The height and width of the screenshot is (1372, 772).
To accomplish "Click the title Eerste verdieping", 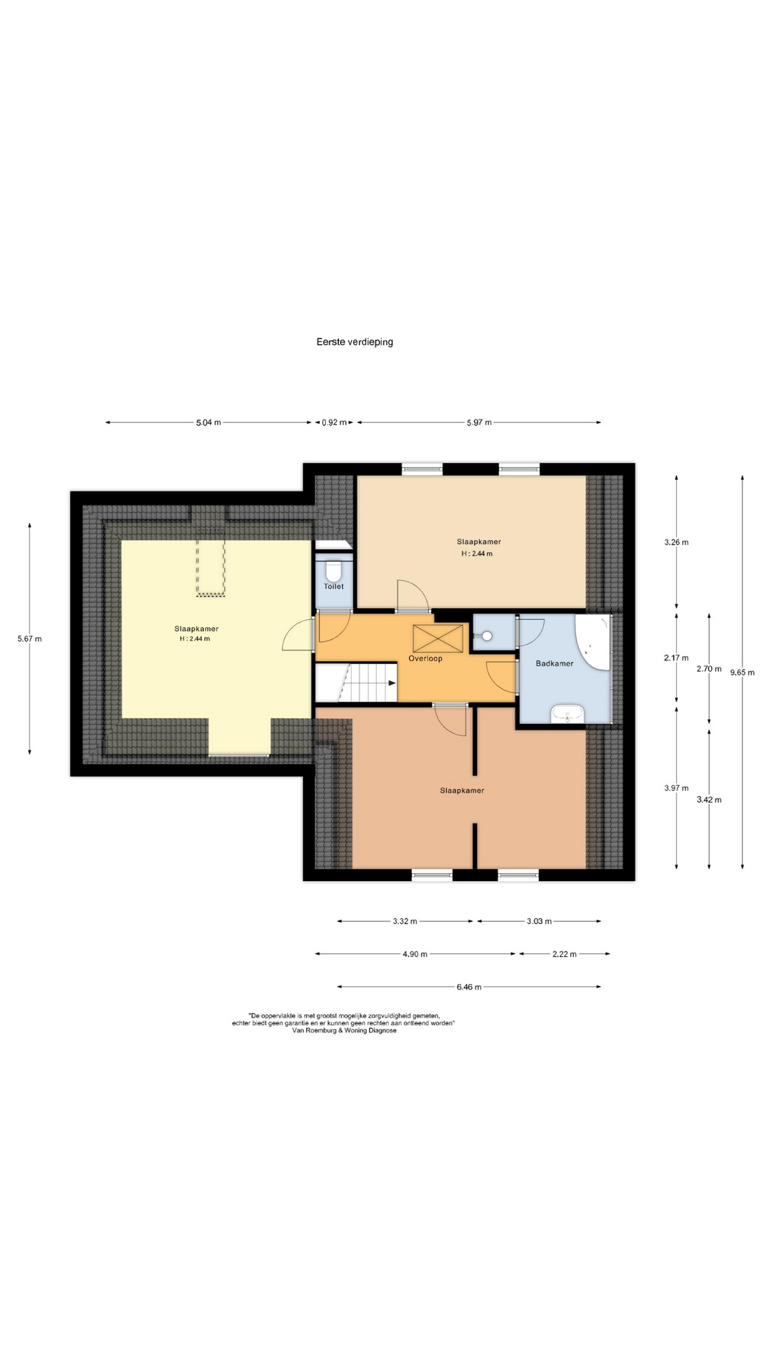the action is click(355, 342).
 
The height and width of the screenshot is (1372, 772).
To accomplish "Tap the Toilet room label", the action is click(334, 586).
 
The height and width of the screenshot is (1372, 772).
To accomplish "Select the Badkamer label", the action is click(555, 663).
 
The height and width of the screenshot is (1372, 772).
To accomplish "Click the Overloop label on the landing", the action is click(425, 658).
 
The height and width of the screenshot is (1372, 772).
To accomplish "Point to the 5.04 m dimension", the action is click(209, 422).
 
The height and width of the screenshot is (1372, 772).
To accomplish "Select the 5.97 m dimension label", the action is click(479, 422).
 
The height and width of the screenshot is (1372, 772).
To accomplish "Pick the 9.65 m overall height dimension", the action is click(742, 672).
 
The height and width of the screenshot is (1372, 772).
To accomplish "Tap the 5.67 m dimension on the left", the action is click(29, 639).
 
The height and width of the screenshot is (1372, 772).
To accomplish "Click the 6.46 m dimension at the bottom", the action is click(469, 987).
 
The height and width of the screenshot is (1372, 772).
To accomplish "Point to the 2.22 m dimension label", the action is click(564, 953).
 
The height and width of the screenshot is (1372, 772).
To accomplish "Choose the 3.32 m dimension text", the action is click(405, 921).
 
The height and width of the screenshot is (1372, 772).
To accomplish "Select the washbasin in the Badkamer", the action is click(568, 713).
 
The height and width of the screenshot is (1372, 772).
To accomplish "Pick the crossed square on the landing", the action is click(438, 637).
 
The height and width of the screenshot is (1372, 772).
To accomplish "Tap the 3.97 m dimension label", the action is click(676, 788).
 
